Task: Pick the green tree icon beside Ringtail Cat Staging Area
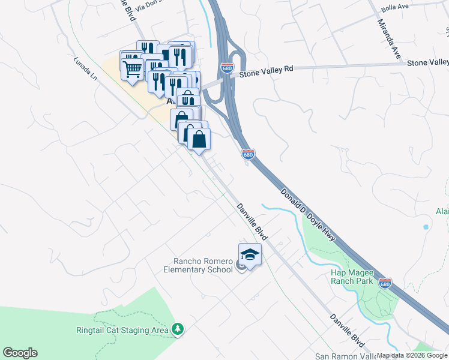coord(177,329)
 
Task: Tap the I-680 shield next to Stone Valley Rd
coord(227,68)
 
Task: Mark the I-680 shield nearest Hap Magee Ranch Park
coord(385,283)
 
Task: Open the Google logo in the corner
coord(20,353)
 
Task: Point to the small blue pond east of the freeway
coord(426,227)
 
